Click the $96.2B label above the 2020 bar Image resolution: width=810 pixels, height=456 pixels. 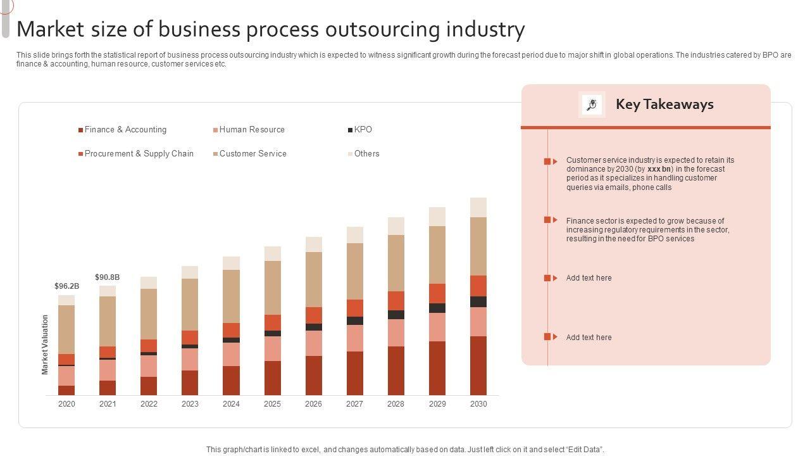tap(66, 286)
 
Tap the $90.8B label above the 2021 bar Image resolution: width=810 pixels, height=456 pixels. tap(108, 277)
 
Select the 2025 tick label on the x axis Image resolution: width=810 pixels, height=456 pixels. tap(272, 404)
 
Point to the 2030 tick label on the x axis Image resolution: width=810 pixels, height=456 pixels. tap(478, 404)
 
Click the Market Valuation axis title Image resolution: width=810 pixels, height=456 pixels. tap(45, 345)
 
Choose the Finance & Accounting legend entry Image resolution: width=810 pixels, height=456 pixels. tap(125, 130)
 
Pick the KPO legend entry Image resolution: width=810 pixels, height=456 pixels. tap(363, 130)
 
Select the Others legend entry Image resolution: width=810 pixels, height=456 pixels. tap(366, 154)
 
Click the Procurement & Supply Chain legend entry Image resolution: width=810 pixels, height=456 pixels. tap(139, 154)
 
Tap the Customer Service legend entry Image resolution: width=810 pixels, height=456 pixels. tap(252, 154)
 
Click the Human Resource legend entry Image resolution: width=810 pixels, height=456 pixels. tap(252, 130)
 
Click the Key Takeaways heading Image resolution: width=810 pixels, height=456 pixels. tap(664, 104)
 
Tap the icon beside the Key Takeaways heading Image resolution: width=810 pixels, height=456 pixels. tap(592, 104)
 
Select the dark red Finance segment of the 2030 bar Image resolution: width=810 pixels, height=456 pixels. tap(478, 365)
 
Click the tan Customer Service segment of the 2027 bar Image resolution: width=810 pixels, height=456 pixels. tap(355, 271)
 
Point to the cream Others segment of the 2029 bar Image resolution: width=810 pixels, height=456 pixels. tap(437, 217)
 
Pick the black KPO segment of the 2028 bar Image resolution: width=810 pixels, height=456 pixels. tap(396, 315)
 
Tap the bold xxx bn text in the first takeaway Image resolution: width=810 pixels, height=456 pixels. tap(659, 169)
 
